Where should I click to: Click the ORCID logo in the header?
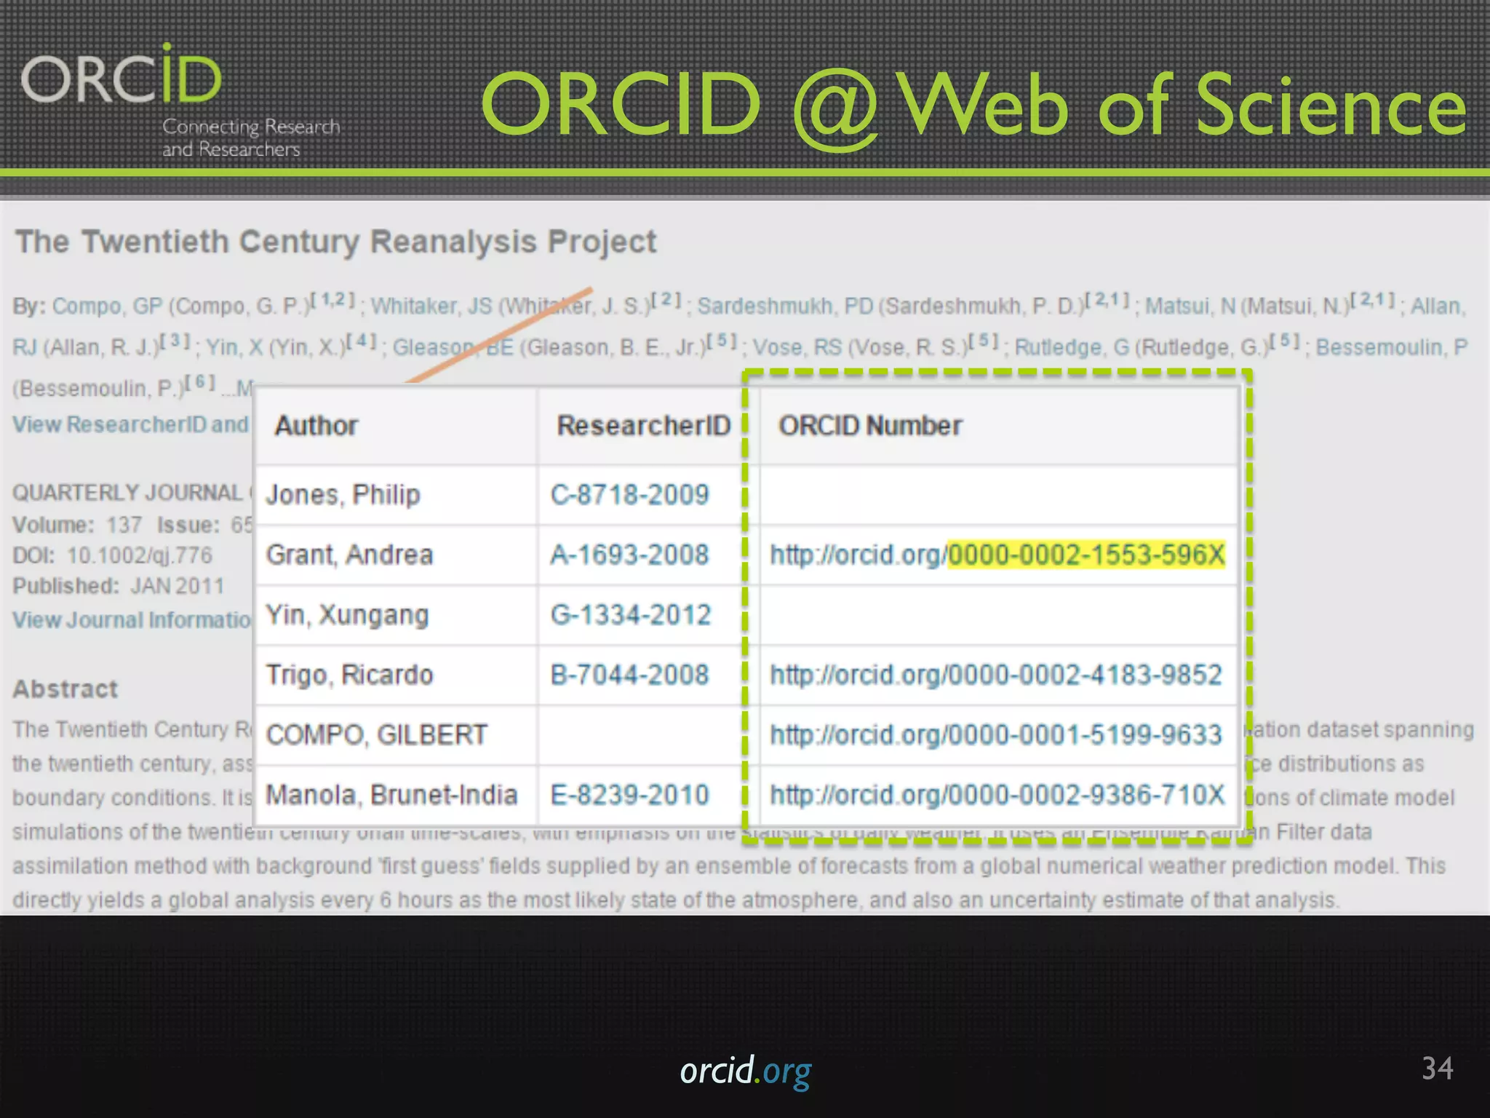[x=122, y=76]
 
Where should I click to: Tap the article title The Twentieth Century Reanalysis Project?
[x=335, y=242]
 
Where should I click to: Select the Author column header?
[x=316, y=426]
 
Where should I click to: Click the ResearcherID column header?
[x=643, y=426]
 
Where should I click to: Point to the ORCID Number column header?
[x=870, y=426]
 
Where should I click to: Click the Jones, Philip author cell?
[x=343, y=495]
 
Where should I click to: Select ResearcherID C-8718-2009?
[x=629, y=495]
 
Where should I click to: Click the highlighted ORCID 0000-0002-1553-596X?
[x=1086, y=555]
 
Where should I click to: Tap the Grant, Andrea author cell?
[x=349, y=555]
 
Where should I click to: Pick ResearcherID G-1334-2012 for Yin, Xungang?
[x=630, y=615]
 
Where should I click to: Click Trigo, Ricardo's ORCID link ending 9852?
[x=996, y=675]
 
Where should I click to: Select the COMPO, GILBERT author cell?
[x=376, y=735]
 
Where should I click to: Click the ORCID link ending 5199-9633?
[x=996, y=735]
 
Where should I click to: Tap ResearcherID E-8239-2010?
[x=629, y=795]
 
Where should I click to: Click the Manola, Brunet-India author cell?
[x=391, y=795]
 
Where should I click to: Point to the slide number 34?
[x=1437, y=1069]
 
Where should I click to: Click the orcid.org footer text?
[x=745, y=1071]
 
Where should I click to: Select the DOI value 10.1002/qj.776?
[x=140, y=555]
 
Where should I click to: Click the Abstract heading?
[x=65, y=689]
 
